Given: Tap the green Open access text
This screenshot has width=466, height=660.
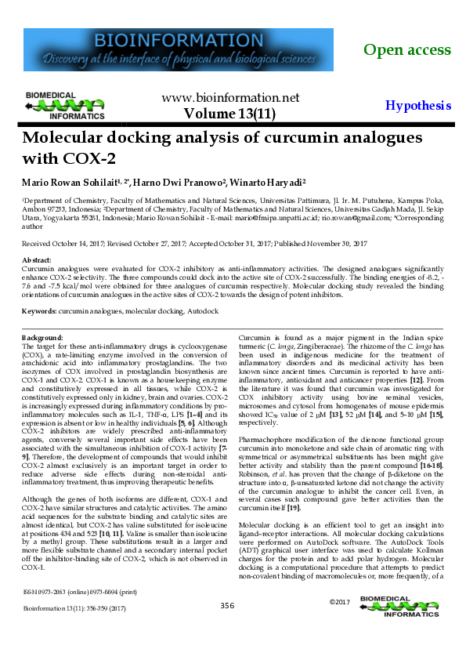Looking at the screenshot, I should coord(406,50).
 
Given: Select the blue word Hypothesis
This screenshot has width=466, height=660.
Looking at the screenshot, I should coord(418,106).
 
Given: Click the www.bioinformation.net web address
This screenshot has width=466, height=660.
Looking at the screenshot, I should coord(230,98).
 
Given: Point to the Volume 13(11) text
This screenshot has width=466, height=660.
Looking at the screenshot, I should coord(229,113).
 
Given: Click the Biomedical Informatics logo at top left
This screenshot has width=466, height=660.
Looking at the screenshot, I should coord(65,105).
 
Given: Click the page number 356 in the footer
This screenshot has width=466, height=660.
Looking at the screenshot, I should coord(227,627).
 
